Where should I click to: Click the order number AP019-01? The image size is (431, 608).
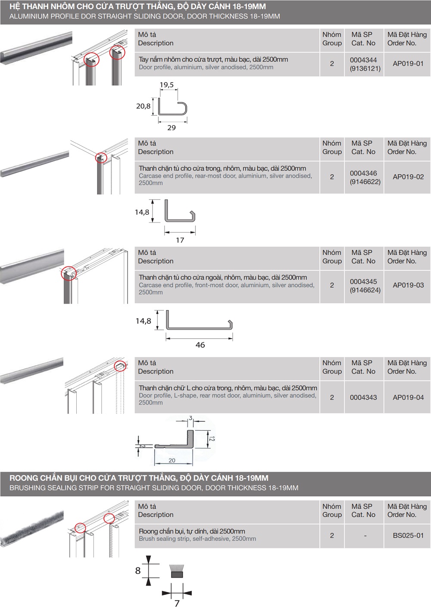coord(408,64)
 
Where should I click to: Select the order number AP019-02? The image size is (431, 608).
coord(408,177)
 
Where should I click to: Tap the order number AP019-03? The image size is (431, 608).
coord(408,285)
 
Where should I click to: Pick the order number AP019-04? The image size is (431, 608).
coord(408,398)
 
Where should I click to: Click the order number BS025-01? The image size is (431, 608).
coord(408,536)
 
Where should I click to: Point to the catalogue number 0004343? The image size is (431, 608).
coord(363,398)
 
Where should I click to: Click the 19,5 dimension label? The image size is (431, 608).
coord(167,85)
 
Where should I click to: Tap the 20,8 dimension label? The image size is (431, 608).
coord(144,106)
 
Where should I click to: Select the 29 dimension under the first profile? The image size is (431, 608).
coord(172,128)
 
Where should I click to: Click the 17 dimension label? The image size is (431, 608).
coord(180,240)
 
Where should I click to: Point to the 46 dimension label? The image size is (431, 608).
coord(200,345)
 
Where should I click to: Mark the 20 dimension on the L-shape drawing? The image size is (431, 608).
coord(172,461)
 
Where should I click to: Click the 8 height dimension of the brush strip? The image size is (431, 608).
coord(138,570)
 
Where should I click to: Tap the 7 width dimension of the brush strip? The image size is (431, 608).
coord(177,603)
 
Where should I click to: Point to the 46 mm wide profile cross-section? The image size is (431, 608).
coord(200,322)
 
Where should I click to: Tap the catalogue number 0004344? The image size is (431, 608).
coord(363,60)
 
